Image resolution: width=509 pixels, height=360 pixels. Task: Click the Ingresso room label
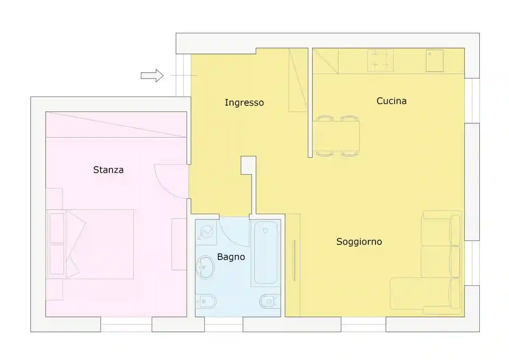[x=244, y=103]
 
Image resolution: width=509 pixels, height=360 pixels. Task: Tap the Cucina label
[x=391, y=101]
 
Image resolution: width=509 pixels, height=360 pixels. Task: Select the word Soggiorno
[x=359, y=242]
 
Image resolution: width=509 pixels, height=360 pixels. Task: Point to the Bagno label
[x=231, y=257]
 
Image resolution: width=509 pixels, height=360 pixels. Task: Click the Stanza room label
[x=108, y=170]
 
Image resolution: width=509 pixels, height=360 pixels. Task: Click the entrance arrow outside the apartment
[x=152, y=75]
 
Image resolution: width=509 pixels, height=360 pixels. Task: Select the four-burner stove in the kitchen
[x=380, y=60]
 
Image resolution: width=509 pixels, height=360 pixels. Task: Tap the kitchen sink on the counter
[x=435, y=61]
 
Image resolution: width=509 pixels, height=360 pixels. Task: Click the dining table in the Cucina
[x=336, y=136]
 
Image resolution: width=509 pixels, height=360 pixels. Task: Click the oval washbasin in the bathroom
[x=205, y=267]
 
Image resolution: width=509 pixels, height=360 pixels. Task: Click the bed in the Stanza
[x=90, y=244]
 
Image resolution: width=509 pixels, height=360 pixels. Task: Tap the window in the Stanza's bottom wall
[x=126, y=324]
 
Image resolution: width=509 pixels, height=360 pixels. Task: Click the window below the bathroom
[x=223, y=324]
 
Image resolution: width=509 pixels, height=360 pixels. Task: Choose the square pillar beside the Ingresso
[x=249, y=165]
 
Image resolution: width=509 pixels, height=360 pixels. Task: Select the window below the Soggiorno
[x=363, y=324]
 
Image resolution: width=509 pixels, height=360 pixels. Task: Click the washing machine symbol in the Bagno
[x=206, y=232]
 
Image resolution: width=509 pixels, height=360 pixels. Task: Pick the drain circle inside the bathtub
[x=265, y=231]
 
